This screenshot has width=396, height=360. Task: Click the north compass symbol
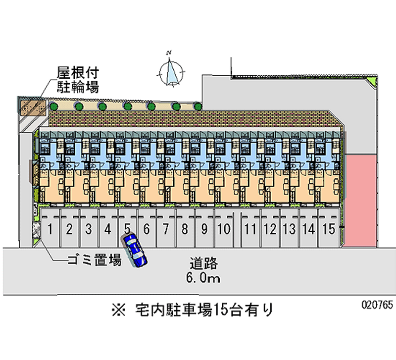[171, 71]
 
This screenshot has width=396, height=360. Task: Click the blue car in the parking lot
[135, 250]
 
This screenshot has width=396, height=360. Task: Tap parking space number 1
[50, 229]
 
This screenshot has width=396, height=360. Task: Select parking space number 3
[88, 229]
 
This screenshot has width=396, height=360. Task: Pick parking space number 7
[166, 229]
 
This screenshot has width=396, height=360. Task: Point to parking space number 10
[224, 229]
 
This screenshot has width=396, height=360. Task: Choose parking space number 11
[251, 229]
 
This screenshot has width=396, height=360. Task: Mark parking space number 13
[290, 229]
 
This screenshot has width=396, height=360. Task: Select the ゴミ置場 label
[95, 259]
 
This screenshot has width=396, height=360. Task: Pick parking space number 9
[204, 229]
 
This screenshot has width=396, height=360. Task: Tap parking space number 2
[70, 229]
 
